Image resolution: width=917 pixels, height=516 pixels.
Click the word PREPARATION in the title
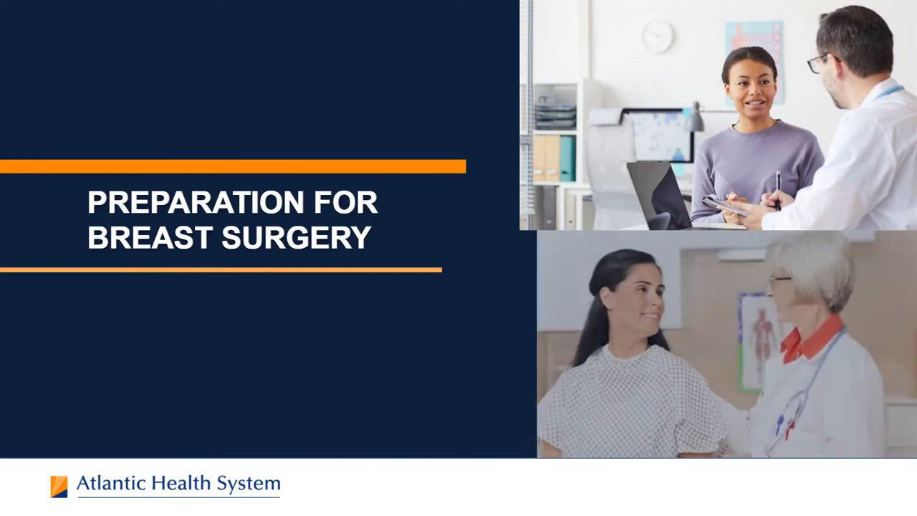196,202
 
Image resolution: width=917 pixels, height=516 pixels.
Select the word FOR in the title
346,202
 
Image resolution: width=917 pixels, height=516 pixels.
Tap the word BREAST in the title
150,237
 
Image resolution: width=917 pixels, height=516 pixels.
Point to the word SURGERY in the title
297,237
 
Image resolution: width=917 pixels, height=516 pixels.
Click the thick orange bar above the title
233,167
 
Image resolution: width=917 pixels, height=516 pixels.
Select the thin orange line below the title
221,270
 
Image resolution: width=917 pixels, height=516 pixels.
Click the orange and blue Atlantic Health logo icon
59,487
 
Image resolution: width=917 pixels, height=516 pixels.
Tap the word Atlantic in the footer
111,484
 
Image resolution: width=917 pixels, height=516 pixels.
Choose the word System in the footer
249,484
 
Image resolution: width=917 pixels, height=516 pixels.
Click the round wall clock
658,37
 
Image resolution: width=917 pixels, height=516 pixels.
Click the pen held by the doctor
778,191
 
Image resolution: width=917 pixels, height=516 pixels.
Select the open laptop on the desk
659,196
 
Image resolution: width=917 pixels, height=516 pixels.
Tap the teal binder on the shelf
567,158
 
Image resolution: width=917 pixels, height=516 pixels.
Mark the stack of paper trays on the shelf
555,113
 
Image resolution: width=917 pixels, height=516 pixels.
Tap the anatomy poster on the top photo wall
754,62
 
